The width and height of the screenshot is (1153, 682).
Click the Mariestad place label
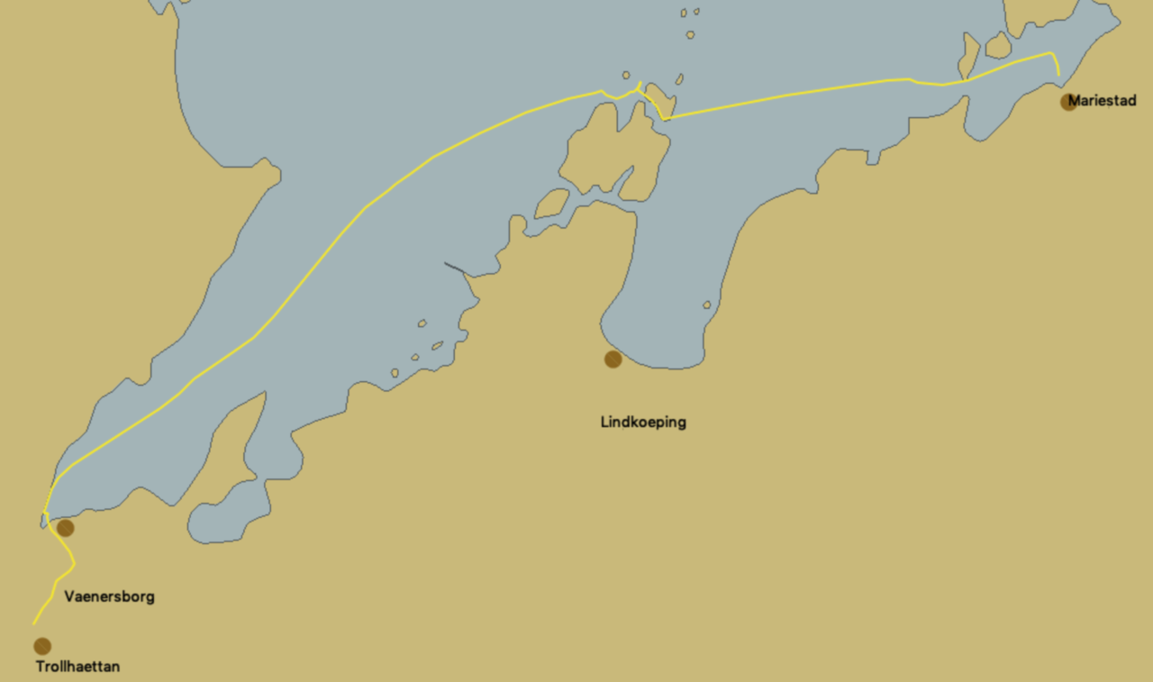(x=1102, y=101)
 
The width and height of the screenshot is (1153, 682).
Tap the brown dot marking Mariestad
(x=1069, y=102)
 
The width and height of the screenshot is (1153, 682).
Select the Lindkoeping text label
(x=643, y=422)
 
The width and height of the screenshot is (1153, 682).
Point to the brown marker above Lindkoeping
(x=613, y=359)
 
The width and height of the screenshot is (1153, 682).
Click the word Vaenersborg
(x=109, y=596)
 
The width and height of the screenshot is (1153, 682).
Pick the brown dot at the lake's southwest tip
(x=65, y=528)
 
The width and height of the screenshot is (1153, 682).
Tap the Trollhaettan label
(x=77, y=667)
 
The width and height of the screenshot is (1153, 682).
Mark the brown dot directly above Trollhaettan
(x=42, y=646)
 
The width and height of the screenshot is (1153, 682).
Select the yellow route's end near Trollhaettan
(x=33, y=623)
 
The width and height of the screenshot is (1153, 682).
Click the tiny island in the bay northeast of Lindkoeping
(x=707, y=305)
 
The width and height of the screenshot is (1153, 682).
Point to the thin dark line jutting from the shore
(x=455, y=268)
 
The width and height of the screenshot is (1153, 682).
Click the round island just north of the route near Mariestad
(x=998, y=45)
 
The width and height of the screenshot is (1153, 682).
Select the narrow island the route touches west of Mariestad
(x=968, y=57)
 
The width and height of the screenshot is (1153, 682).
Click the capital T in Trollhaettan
(x=41, y=667)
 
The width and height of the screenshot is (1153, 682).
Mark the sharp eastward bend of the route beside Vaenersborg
(x=74, y=564)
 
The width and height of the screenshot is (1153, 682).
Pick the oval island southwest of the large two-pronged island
(x=552, y=204)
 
